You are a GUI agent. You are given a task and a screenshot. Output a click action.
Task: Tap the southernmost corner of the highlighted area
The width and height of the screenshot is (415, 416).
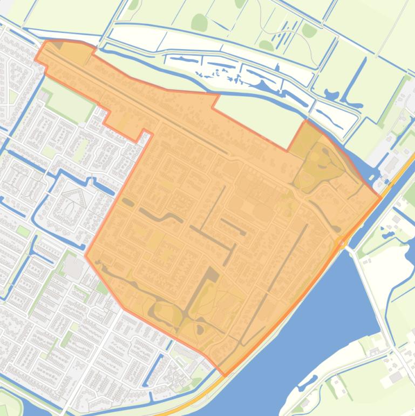pos(226,374)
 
